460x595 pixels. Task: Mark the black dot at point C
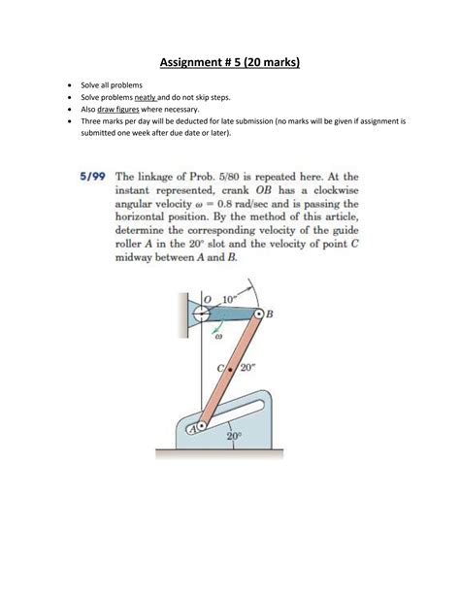[230, 370]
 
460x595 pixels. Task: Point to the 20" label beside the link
[247, 367]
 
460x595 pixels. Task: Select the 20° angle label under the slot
[234, 438]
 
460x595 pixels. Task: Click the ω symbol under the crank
[218, 338]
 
